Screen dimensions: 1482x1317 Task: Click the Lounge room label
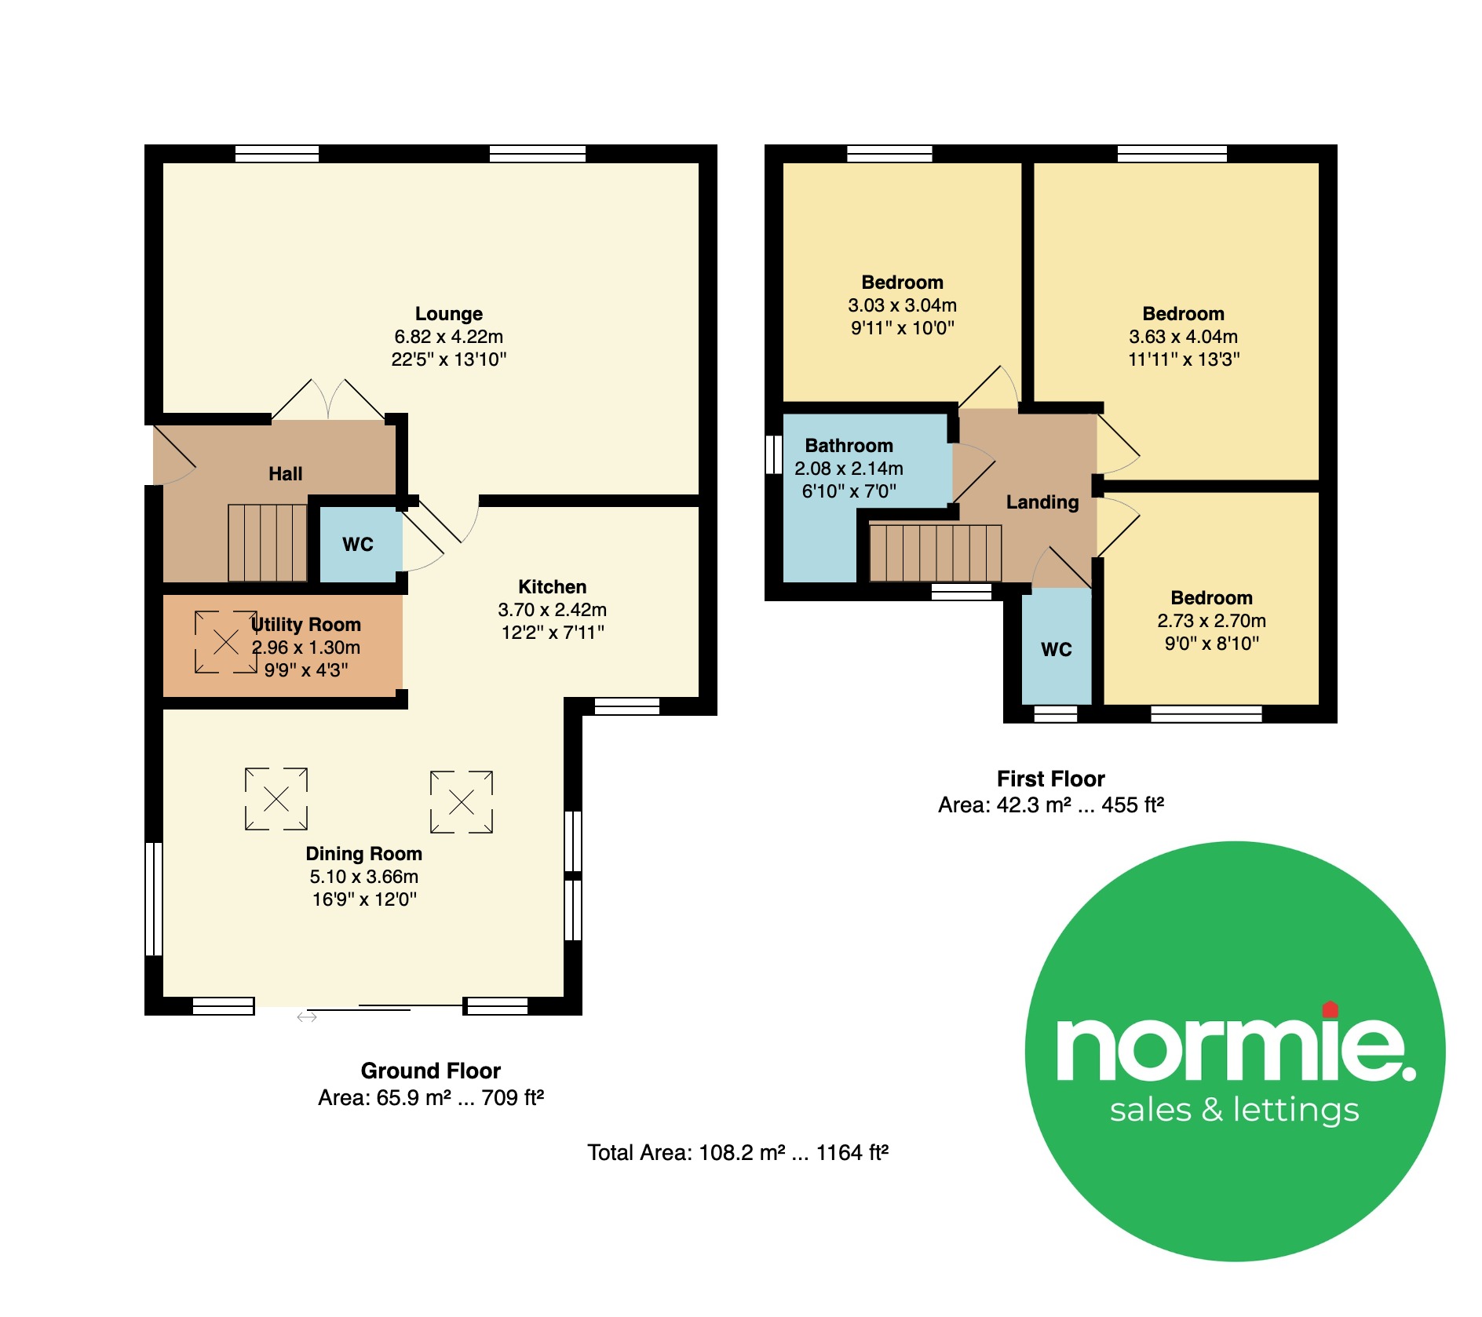[x=449, y=314]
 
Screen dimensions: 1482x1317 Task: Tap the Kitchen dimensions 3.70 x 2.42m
[x=553, y=610]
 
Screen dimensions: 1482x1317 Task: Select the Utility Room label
[x=306, y=625]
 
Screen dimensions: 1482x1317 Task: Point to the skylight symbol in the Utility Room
[x=226, y=642]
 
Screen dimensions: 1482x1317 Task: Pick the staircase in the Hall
[x=268, y=543]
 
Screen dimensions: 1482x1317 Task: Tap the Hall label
[x=285, y=474]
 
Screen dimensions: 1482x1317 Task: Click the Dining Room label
[x=364, y=854]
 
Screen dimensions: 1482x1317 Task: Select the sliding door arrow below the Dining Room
[x=307, y=1017]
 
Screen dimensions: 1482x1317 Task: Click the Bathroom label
[x=849, y=446]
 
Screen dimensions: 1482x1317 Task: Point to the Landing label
[x=1042, y=502]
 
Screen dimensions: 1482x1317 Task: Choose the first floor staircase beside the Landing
[x=936, y=553]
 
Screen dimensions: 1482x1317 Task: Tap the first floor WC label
[x=1057, y=650]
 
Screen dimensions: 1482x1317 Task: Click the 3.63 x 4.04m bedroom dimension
[x=1184, y=337]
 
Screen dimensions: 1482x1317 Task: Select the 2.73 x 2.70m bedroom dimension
[x=1212, y=621]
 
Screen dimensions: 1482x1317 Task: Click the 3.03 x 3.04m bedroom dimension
[x=903, y=305]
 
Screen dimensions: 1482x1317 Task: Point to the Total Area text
[x=738, y=1152]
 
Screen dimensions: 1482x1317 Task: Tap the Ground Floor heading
[x=431, y=1071]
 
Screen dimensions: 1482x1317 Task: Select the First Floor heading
[x=1051, y=779]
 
